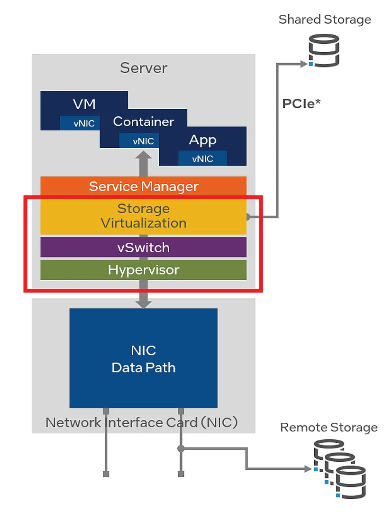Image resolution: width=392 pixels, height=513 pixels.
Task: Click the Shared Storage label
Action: pos(325,19)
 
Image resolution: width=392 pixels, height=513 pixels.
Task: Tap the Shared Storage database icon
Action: pos(325,49)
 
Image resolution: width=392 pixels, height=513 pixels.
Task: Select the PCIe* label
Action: pos(301,104)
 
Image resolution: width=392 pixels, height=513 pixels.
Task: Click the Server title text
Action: pos(144,67)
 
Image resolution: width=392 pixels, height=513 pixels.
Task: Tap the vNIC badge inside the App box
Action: pos(202,159)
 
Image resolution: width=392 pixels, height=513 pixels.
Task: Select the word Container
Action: pos(144,122)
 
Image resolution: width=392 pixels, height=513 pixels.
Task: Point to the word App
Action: pos(202,140)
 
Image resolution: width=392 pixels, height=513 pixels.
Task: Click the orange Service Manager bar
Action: pos(144,186)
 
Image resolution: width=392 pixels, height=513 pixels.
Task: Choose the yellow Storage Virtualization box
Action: pos(144,216)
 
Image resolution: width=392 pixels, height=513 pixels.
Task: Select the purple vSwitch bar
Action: pos(144,247)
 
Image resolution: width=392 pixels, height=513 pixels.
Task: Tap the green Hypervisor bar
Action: pos(144,270)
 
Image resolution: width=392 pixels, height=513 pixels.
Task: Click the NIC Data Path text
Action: pos(144,359)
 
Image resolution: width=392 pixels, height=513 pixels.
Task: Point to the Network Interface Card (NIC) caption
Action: pos(141,422)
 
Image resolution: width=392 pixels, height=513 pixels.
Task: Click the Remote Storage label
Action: pos(328,427)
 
